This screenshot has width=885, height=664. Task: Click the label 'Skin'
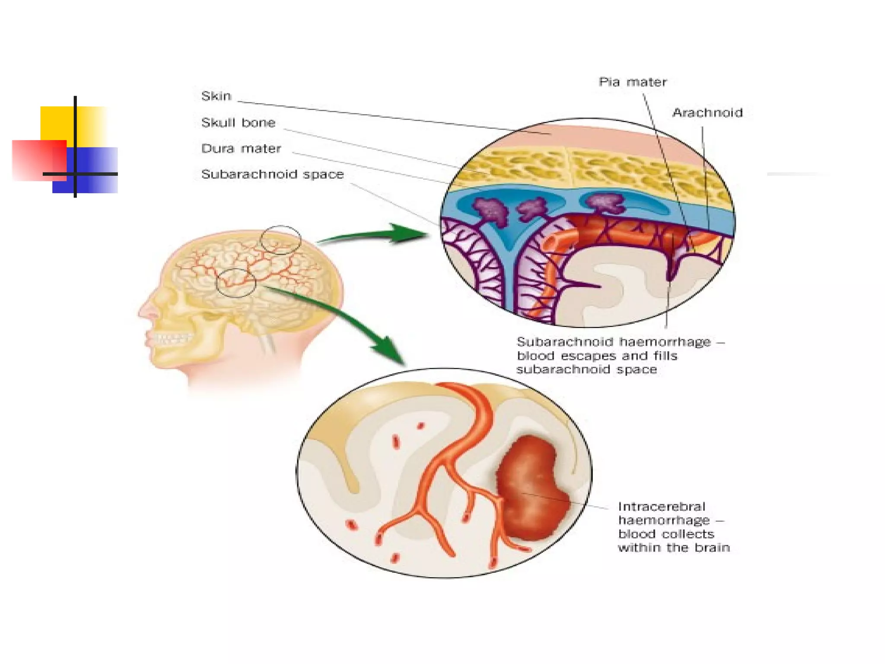click(216, 96)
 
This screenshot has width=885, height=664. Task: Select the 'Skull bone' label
click(238, 123)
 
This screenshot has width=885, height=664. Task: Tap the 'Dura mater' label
click(241, 149)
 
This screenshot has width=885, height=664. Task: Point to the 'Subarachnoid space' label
click(272, 174)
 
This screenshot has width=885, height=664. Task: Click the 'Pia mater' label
click(633, 82)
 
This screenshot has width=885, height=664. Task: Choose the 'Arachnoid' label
click(707, 113)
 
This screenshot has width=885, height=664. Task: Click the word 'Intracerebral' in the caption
click(662, 507)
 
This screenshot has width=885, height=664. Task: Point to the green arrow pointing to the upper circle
click(376, 234)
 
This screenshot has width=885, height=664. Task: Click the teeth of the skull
click(171, 338)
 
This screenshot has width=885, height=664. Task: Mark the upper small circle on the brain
click(280, 239)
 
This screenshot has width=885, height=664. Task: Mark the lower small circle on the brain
click(236, 283)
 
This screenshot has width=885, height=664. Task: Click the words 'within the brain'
click(674, 548)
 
